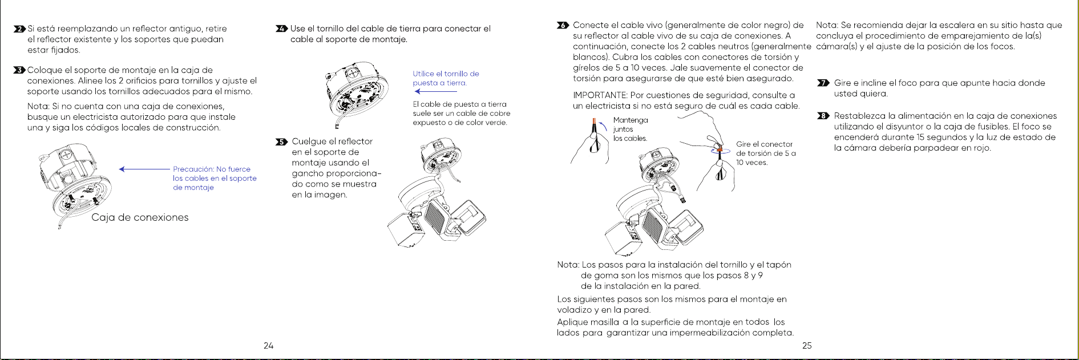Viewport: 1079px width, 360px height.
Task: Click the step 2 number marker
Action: click(x=19, y=29)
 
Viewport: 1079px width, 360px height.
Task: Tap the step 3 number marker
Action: click(x=19, y=70)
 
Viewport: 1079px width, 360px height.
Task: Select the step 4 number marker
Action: click(x=281, y=29)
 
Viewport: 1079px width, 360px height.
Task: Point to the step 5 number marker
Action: click(x=281, y=141)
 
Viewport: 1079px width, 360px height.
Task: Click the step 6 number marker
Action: click(x=563, y=25)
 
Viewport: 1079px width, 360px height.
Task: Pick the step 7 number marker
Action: click(x=823, y=83)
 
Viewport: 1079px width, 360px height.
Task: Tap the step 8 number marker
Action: click(x=823, y=116)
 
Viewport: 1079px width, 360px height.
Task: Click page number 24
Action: click(x=268, y=345)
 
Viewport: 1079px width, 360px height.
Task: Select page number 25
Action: click(x=807, y=345)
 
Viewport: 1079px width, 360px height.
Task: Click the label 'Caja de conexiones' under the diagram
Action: click(x=140, y=217)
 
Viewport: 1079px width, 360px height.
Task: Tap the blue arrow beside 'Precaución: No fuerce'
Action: click(x=144, y=169)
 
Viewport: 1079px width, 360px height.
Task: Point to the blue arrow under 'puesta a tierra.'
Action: click(x=436, y=91)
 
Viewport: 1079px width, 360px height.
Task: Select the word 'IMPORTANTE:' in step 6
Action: click(x=600, y=95)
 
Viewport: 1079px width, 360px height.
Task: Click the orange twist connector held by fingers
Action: click(x=720, y=151)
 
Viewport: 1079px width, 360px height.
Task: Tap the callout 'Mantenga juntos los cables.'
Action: click(x=631, y=130)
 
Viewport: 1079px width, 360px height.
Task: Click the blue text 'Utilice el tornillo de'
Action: click(x=446, y=74)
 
